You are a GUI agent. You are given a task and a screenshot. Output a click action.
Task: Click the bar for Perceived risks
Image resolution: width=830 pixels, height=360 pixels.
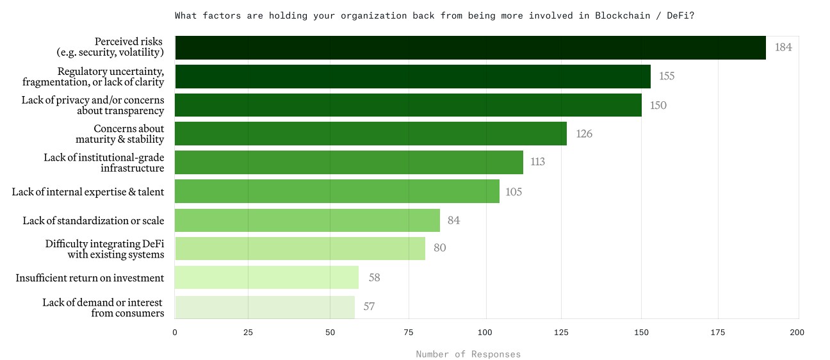pyautogui.click(x=470, y=47)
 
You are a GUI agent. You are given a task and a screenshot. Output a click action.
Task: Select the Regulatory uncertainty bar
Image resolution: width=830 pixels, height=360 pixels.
pyautogui.click(x=412, y=76)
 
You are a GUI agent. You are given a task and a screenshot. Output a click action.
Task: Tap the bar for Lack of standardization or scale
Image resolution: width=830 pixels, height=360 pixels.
pyautogui.click(x=307, y=220)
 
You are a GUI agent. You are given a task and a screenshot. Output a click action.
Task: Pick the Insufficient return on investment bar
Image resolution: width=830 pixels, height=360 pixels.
pyautogui.click(x=266, y=277)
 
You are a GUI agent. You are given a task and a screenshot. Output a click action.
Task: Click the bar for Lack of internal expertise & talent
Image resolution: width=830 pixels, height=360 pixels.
pyautogui.click(x=337, y=191)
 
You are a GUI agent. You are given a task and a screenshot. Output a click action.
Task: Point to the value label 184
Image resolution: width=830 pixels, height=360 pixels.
pyautogui.click(x=783, y=47)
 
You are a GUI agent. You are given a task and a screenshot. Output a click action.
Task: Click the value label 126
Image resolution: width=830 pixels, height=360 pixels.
pyautogui.click(x=584, y=134)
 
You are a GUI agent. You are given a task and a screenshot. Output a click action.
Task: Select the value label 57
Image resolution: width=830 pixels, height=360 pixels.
pyautogui.click(x=369, y=306)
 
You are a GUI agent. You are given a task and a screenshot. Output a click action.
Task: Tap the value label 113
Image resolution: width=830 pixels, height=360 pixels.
pyautogui.click(x=537, y=162)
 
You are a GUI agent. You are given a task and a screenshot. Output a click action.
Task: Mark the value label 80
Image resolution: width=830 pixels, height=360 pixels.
pyautogui.click(x=439, y=248)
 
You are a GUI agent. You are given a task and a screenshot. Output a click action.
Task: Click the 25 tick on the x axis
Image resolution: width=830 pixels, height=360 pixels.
pyautogui.click(x=248, y=332)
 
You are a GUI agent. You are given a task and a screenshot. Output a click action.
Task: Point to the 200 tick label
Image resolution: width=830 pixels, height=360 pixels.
pyautogui.click(x=797, y=332)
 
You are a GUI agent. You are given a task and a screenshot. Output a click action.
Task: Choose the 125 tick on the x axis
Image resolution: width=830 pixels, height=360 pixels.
pyautogui.click(x=561, y=332)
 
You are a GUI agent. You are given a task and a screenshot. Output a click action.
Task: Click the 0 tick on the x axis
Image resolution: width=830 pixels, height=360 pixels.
pyautogui.click(x=175, y=332)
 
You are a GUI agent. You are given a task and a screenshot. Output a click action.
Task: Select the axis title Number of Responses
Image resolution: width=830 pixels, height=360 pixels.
pyautogui.click(x=468, y=354)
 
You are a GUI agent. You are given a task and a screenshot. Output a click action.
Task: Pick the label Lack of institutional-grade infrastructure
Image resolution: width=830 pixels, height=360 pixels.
pyautogui.click(x=104, y=162)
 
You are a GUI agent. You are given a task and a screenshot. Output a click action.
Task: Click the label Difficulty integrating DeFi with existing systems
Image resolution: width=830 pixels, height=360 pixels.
pyautogui.click(x=104, y=249)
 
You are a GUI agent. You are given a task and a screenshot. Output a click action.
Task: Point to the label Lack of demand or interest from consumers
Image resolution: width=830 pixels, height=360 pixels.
pyautogui.click(x=103, y=307)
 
